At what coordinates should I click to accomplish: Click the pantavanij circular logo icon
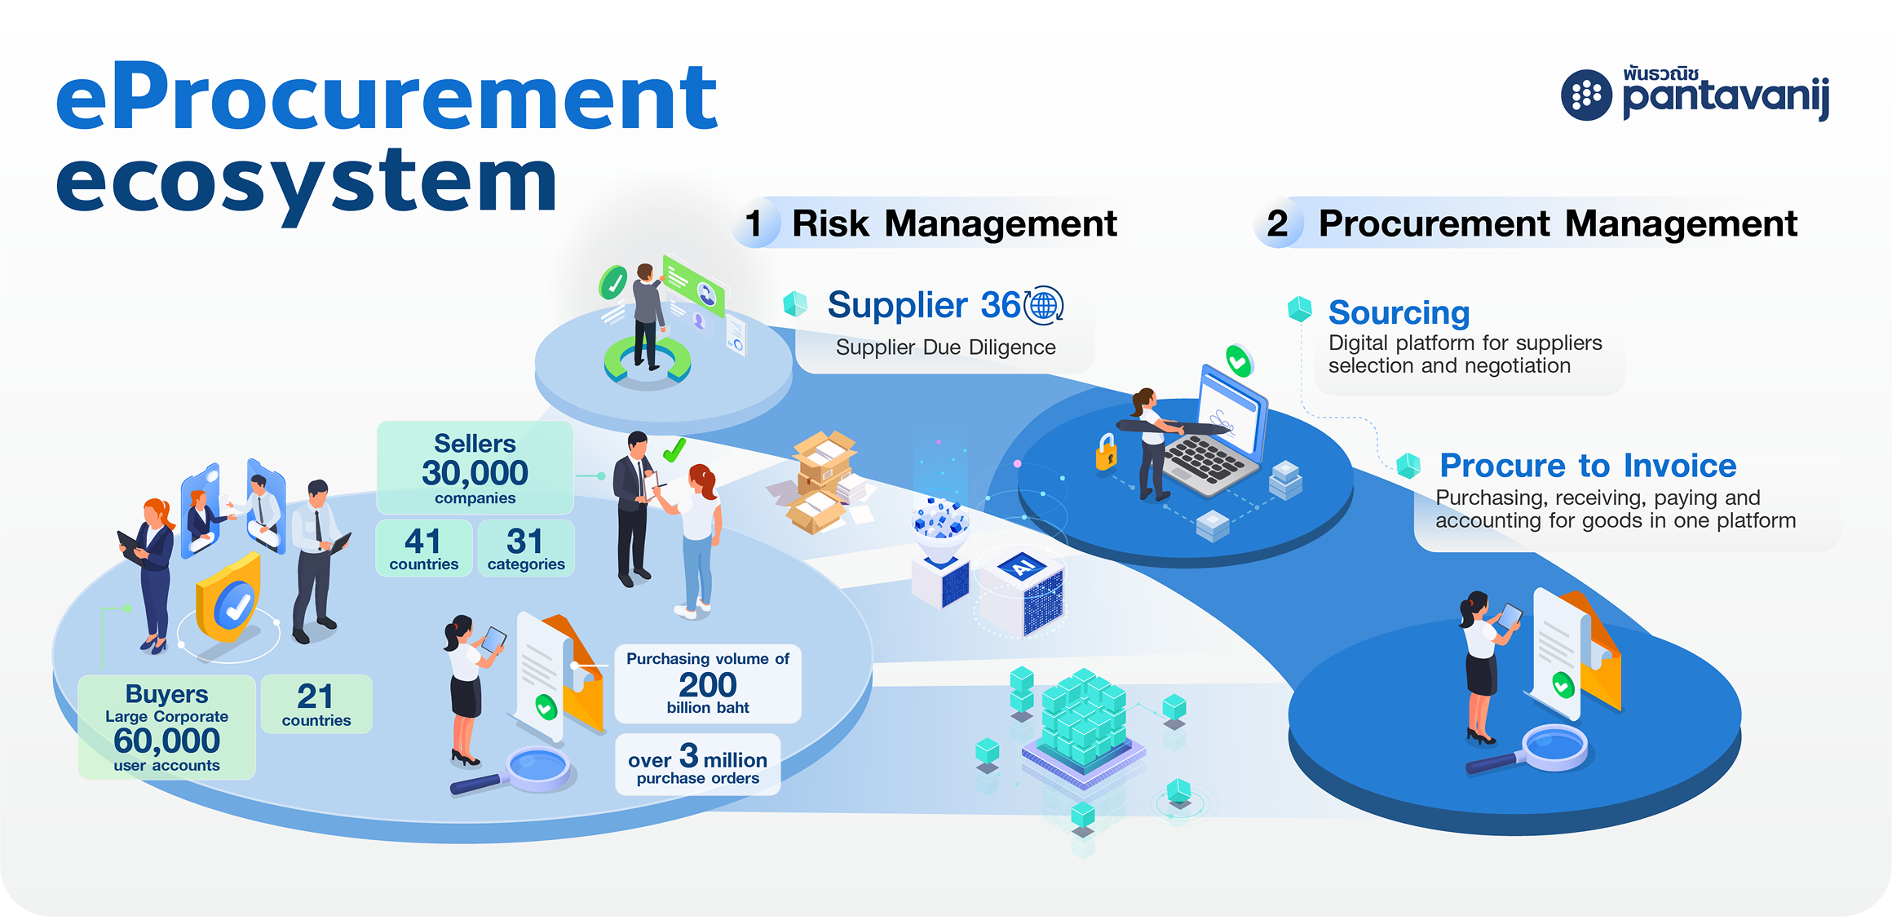(1586, 95)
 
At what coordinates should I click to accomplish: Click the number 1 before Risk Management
(754, 223)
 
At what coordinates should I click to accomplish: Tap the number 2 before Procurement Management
(1277, 223)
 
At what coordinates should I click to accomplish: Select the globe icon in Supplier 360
(1044, 306)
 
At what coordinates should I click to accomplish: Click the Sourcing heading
(1399, 312)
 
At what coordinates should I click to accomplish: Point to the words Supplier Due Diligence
(945, 347)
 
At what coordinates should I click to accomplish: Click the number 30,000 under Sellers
(475, 473)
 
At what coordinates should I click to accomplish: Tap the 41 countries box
(423, 549)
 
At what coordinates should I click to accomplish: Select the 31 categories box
(525, 549)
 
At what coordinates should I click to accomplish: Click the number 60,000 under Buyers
(166, 741)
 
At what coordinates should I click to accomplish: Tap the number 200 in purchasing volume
(707, 684)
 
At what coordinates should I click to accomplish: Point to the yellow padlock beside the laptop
(1106, 453)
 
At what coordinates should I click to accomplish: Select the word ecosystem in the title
(306, 184)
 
